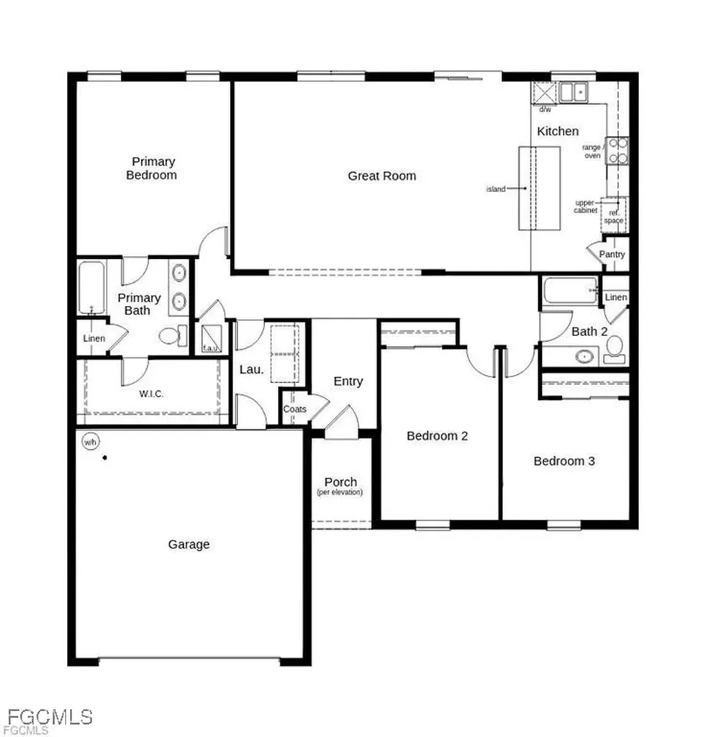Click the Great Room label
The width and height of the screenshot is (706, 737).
coord(381,176)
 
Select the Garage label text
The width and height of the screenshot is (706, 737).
coord(189,545)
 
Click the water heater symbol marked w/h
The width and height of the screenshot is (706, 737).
coord(90,440)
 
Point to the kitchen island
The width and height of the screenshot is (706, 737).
coord(539,187)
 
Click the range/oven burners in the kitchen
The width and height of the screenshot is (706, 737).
coord(617,150)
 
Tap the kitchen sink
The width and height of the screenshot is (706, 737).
coord(574,92)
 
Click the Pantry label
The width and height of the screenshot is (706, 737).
coord(612,255)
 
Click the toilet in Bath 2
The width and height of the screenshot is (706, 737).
coord(614,350)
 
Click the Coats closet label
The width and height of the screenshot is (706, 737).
coord(294,409)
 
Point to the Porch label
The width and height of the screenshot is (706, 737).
coord(340,482)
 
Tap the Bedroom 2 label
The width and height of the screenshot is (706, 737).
coord(438,435)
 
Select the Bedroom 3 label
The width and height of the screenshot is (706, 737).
coord(564,461)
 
